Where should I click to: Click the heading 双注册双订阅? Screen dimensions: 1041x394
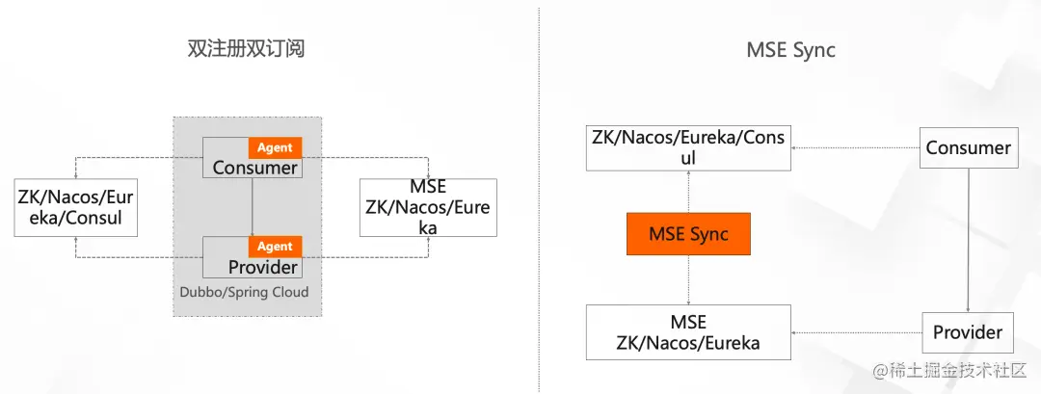point(247,49)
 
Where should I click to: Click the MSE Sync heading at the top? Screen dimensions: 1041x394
point(790,50)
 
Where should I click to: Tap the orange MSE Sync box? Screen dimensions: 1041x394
point(688,233)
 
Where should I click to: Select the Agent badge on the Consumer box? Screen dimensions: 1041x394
point(275,148)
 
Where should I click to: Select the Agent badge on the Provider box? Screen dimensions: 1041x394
point(275,247)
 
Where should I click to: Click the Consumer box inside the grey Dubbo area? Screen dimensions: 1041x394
point(253,157)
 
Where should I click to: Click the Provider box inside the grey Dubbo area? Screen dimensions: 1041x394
point(253,256)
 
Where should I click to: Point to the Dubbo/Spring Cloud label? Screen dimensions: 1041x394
point(244,292)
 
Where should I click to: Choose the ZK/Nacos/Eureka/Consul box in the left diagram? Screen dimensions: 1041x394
point(76,207)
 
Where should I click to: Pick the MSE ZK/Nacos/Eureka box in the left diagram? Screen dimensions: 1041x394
point(428,207)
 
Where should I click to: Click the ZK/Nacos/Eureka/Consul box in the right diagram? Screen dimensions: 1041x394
point(688,148)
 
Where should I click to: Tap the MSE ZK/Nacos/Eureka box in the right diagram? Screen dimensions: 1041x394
point(688,332)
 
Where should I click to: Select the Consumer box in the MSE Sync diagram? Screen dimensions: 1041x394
point(968,147)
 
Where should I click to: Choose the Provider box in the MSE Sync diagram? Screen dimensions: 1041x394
point(968,331)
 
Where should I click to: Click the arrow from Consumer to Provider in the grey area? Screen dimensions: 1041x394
point(253,207)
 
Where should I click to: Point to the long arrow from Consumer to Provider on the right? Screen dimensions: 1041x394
point(968,240)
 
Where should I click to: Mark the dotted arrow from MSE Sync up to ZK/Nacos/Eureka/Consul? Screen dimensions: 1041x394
point(688,191)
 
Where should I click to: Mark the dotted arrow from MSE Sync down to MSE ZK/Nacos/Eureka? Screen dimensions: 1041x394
point(688,280)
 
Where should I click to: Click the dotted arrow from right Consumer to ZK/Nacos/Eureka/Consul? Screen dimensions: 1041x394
point(855,148)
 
